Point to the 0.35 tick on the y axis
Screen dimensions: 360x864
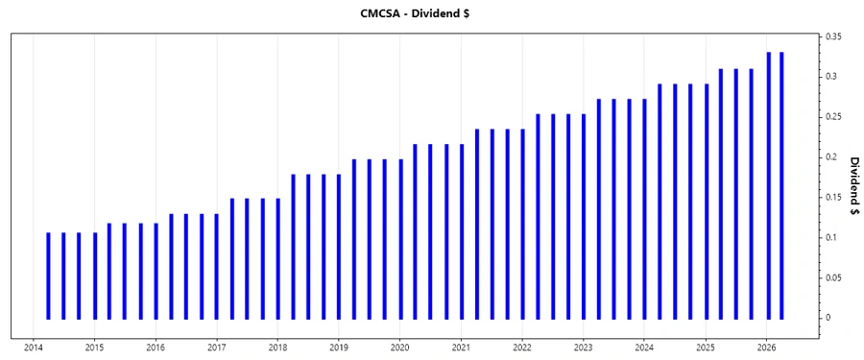point(833,36)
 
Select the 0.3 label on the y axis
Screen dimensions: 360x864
point(830,76)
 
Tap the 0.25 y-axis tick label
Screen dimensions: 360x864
point(833,116)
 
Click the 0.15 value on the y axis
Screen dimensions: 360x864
point(833,197)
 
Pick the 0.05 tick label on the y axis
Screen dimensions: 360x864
point(833,277)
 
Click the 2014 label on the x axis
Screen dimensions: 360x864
point(33,348)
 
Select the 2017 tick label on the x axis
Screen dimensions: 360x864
point(216,348)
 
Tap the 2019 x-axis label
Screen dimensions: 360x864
point(339,348)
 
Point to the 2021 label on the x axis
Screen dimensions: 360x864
point(461,348)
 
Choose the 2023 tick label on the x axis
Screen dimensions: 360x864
point(583,348)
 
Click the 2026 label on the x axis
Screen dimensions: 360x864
point(766,348)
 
